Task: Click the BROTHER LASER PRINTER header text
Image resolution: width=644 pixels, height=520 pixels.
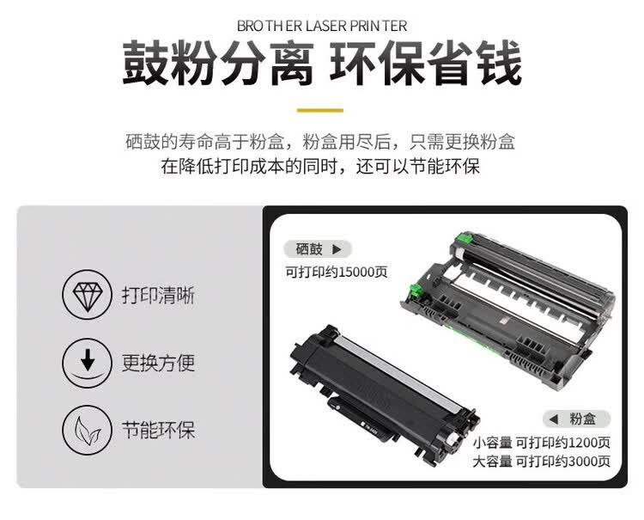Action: point(321,26)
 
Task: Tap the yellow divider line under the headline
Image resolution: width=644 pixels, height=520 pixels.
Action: point(320,110)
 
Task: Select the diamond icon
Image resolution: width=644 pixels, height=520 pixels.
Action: point(86,296)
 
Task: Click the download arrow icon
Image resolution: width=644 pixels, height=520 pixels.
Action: point(86,362)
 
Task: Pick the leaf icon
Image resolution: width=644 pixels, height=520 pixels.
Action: point(86,428)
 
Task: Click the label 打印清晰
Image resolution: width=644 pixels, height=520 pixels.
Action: point(158,296)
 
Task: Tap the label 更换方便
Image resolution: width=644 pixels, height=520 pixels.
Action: point(158,362)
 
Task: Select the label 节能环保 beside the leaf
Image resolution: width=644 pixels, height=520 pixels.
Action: point(158,428)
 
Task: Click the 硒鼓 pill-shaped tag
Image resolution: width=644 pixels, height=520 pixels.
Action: point(318,249)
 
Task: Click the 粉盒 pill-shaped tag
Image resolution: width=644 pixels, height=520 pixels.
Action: point(576,419)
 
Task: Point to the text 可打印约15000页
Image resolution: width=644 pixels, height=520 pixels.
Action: point(337,272)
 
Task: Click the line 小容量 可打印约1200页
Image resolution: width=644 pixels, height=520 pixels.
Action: point(542,443)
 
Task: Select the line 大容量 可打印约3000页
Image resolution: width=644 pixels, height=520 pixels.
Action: point(542,462)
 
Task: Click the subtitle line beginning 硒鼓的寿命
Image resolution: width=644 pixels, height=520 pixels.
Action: point(320,141)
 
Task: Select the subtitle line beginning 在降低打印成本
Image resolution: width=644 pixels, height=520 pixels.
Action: point(320,167)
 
